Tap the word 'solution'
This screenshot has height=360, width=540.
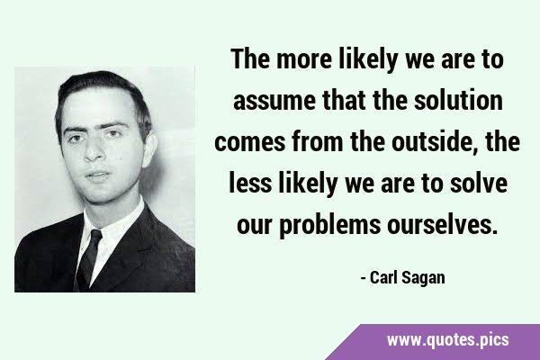[458, 100]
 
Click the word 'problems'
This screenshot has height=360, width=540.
[330, 225]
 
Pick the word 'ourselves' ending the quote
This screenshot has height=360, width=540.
[443, 225]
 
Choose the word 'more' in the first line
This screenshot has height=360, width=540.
[304, 59]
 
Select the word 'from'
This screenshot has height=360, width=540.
[317, 141]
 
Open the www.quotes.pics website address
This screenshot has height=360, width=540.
[447, 340]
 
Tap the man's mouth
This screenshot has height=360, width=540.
[98, 175]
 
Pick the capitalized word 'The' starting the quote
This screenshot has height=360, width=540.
[250, 58]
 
